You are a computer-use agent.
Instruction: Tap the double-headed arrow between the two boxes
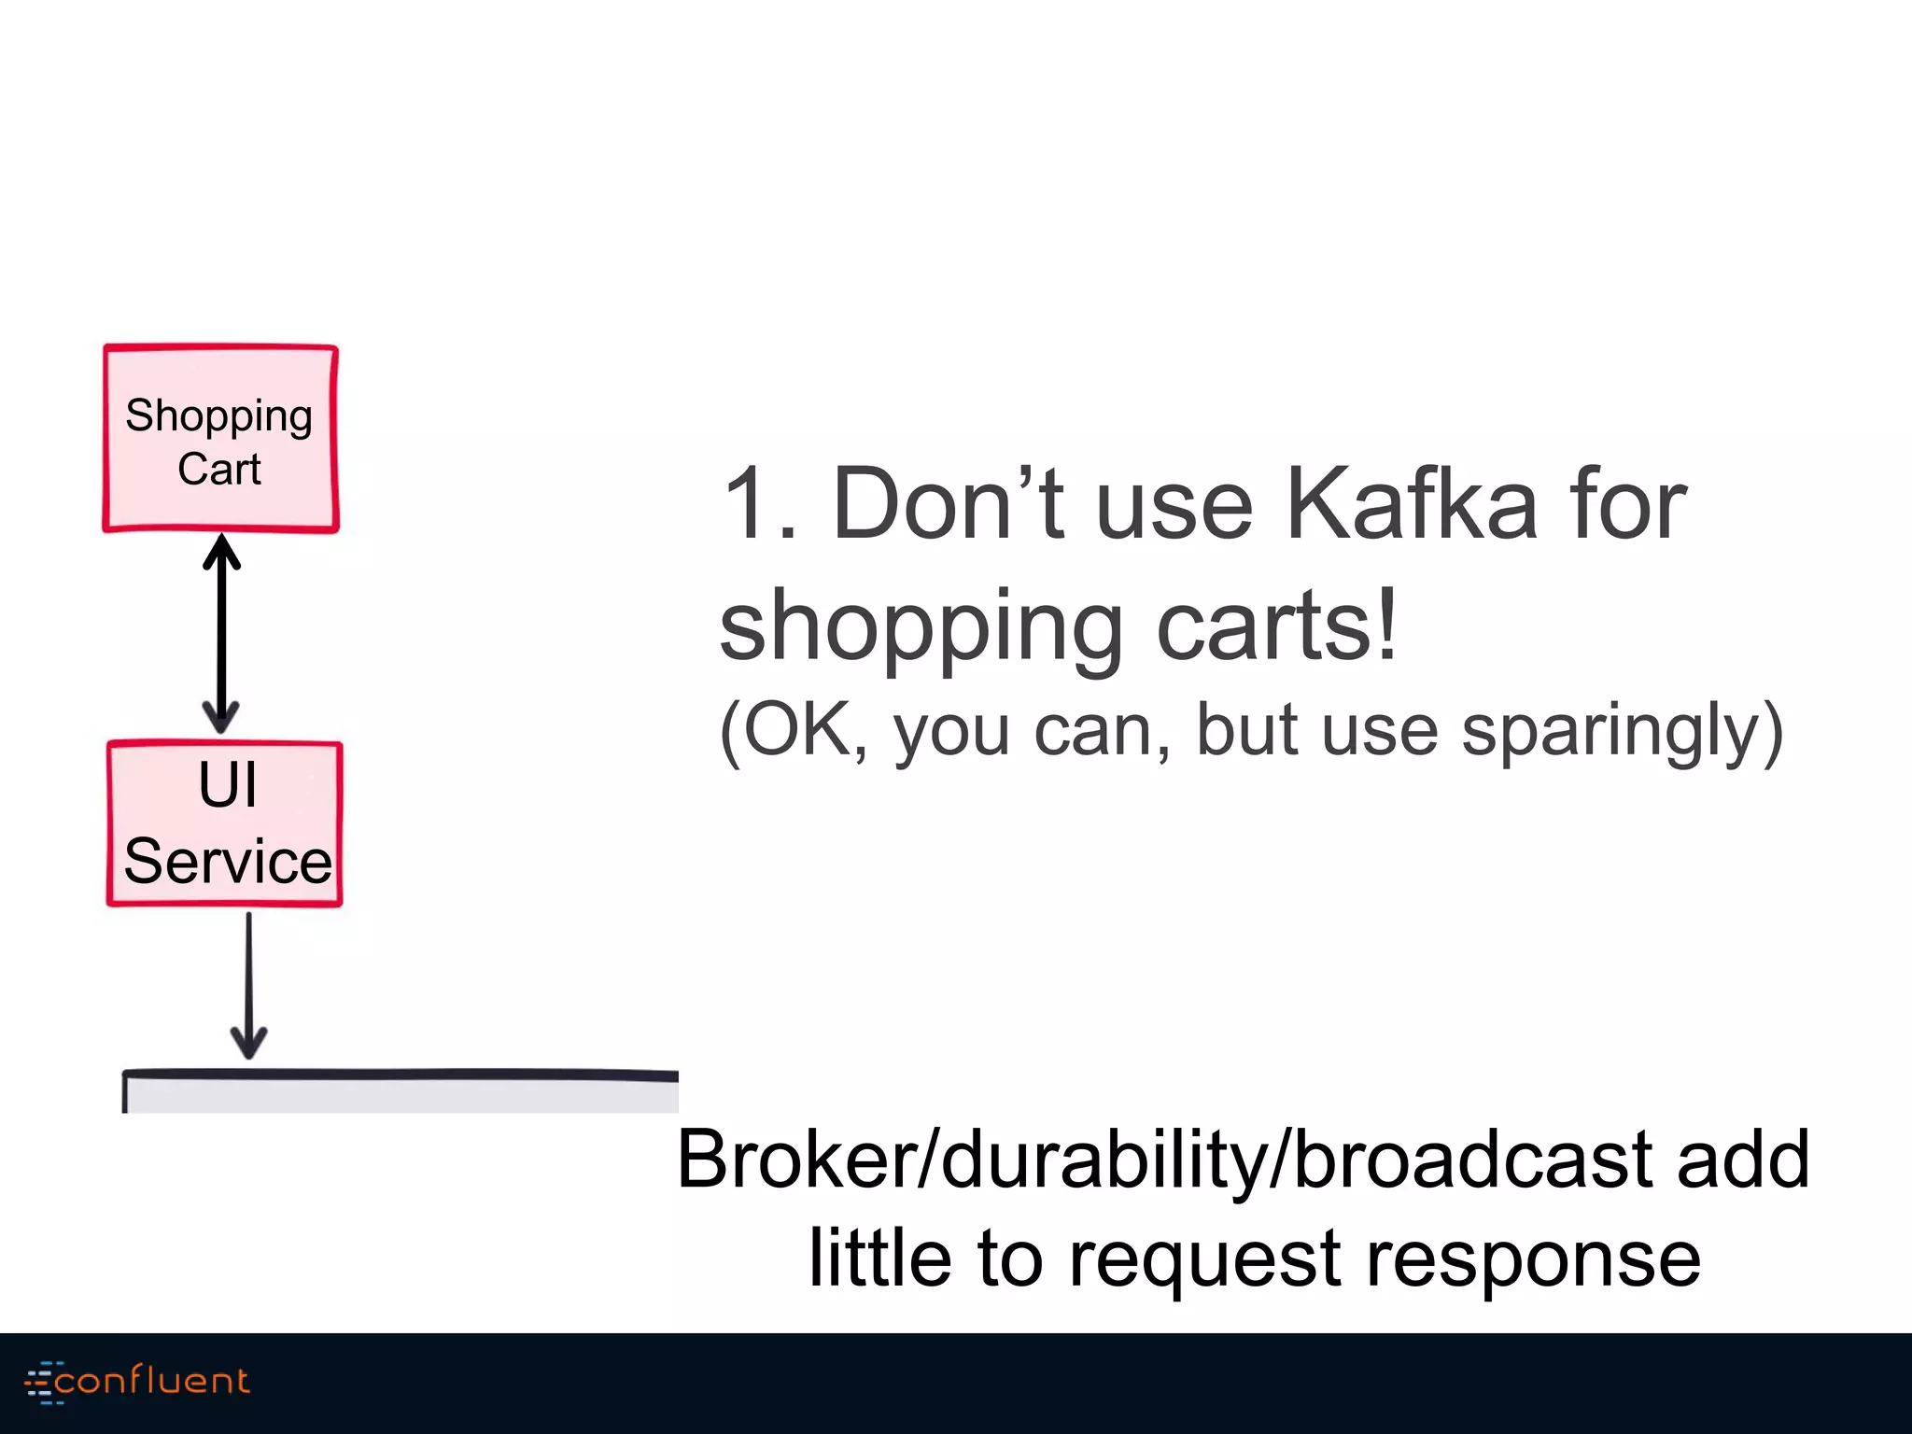pos(221,635)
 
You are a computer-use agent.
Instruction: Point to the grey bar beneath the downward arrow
pos(401,1092)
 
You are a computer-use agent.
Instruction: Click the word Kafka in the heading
pos(1411,504)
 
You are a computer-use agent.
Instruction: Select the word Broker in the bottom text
pos(798,1160)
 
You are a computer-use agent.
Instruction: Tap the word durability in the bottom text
pos(1103,1160)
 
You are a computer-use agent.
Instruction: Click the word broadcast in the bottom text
pos(1470,1160)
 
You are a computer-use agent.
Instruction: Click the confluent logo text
pos(152,1381)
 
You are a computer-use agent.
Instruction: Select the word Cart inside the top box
pos(219,469)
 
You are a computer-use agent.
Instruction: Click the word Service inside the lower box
pos(227,861)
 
